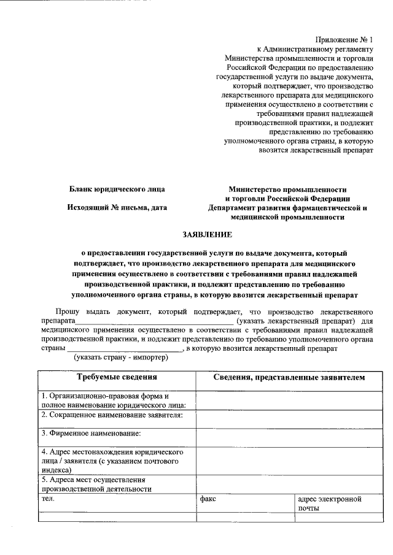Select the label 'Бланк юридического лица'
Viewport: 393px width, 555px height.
[x=117, y=189]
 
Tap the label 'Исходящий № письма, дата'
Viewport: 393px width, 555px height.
[x=117, y=207]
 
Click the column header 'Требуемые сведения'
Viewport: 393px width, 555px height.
[x=117, y=377]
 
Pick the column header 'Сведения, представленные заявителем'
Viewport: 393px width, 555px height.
[x=289, y=377]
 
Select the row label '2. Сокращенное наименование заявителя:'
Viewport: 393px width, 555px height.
[x=112, y=415]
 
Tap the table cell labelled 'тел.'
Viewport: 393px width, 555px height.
[x=47, y=499]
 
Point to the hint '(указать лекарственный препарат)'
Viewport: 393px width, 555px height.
[x=292, y=321]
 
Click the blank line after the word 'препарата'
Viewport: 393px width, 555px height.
[x=154, y=321]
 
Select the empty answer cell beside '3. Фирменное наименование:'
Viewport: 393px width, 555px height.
[x=289, y=437]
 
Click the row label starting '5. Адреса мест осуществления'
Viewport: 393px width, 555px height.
[x=96, y=484]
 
